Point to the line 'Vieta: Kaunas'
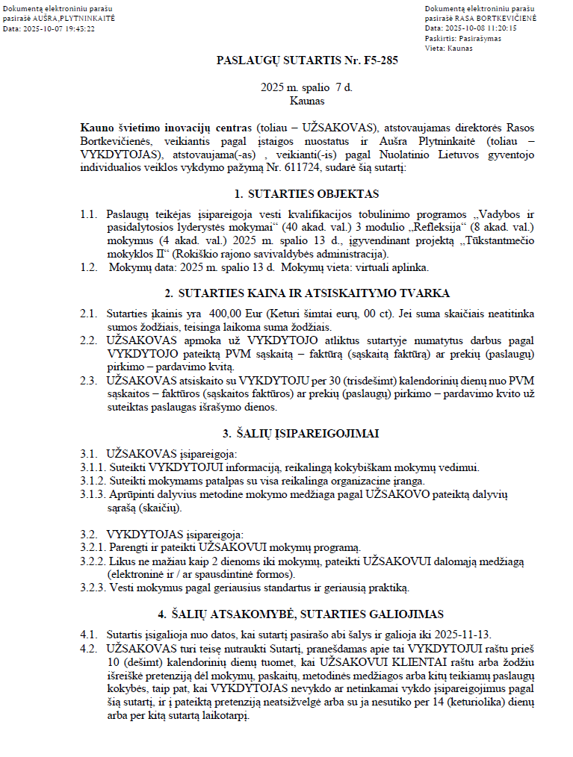[x=447, y=48]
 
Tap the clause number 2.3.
[x=88, y=380]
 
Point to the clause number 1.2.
[x=88, y=267]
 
